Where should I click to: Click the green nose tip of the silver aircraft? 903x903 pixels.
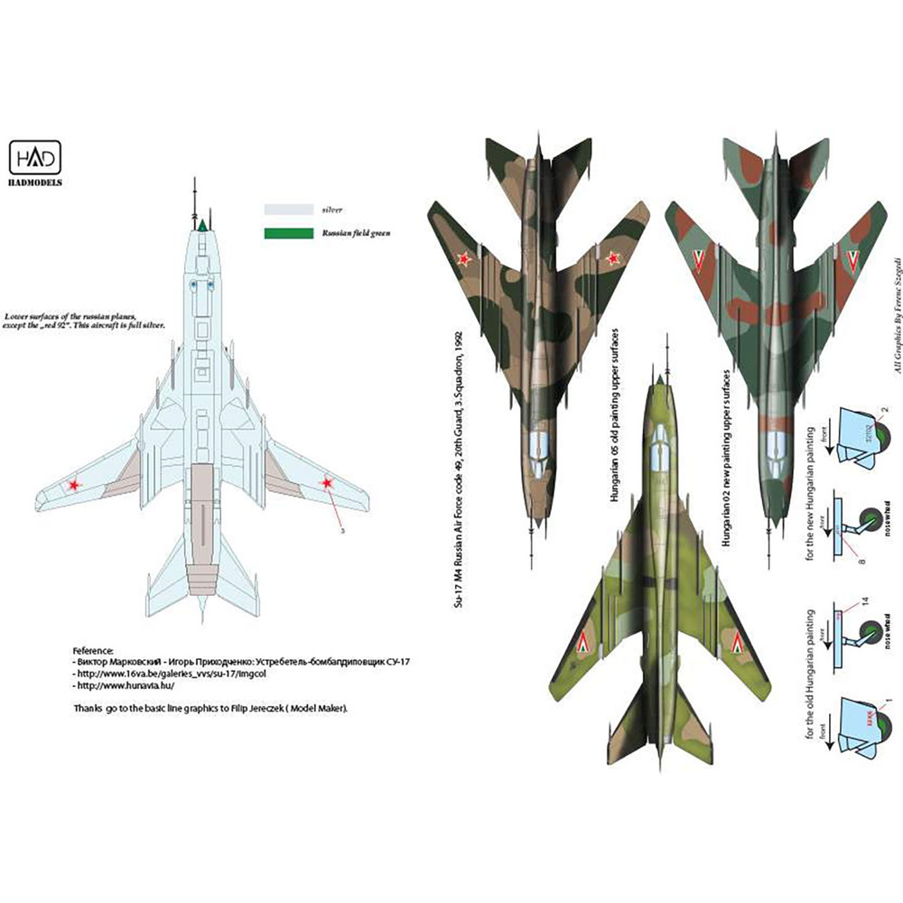[x=203, y=224]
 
